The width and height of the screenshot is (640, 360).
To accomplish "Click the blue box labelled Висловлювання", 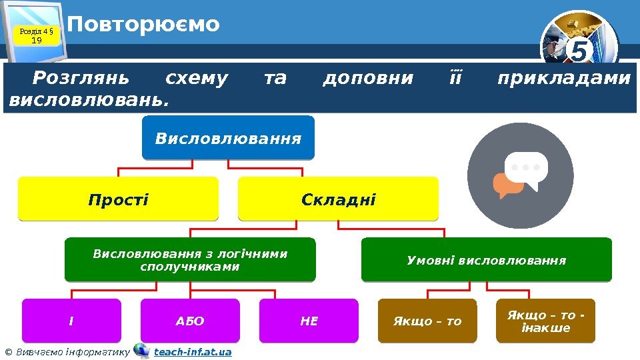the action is point(228,138).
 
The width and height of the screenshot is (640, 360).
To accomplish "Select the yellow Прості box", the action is point(118,199).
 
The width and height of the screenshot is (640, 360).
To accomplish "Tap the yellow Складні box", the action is point(338,199).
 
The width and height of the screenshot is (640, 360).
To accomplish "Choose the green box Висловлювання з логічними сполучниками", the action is point(190,260).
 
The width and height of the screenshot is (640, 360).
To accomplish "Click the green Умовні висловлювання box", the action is point(486,260).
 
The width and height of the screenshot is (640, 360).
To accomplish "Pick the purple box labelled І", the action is point(71,321).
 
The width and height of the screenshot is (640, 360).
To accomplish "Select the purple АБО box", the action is point(190,321).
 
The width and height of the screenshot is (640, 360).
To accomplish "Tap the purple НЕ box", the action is point(309,321).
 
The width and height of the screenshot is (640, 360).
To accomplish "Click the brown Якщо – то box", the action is point(427,321).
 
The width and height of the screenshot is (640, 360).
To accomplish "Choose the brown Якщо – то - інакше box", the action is point(546,321).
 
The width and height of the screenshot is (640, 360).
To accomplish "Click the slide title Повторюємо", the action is point(143,25).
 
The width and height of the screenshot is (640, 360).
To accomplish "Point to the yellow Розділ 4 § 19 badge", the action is point(37,35).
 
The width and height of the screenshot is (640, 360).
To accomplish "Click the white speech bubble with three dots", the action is point(527,169).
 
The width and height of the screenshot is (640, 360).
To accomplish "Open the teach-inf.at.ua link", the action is point(193,351).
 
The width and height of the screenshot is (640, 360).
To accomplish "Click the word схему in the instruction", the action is point(196,79).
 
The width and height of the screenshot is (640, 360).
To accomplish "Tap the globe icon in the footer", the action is point(141,351).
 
